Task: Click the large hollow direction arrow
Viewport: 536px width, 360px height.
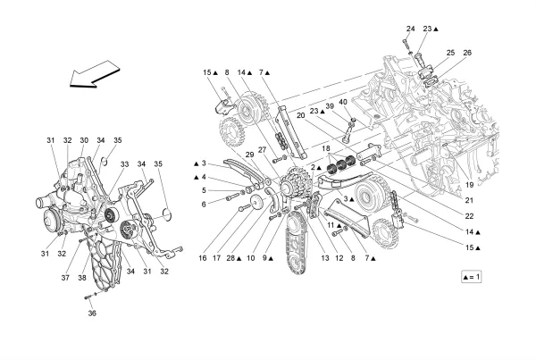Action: [94, 75]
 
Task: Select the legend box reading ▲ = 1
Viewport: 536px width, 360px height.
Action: [472, 277]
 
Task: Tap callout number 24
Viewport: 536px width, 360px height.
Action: [411, 29]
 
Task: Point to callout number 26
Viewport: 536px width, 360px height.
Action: [467, 53]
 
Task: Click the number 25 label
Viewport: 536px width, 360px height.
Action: [450, 53]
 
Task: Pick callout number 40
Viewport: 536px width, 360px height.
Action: [343, 102]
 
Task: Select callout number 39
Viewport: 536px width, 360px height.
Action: [330, 106]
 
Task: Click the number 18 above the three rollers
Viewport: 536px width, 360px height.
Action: [326, 148]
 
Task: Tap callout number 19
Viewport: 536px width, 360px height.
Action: [470, 185]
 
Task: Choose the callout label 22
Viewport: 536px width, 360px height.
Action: [469, 216]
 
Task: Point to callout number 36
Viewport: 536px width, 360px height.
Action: [92, 314]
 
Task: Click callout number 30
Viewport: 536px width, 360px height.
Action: [84, 140]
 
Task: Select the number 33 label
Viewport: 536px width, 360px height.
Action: [124, 164]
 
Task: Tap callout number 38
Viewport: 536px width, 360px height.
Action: [82, 278]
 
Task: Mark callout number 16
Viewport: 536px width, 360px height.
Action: [203, 258]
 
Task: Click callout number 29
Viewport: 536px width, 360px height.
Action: [250, 155]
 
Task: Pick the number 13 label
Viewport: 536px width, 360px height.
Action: [325, 258]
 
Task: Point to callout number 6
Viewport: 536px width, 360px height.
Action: [204, 205]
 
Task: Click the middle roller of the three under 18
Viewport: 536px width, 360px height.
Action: [341, 165]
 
